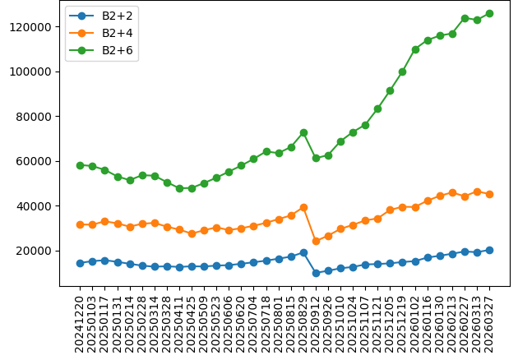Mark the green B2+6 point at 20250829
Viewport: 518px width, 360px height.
pos(303,132)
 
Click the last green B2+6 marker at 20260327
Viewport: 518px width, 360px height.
pos(489,13)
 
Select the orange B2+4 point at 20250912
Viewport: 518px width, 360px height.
pos(316,241)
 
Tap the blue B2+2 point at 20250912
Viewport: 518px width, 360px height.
pos(316,273)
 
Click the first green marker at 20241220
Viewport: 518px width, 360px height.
pos(80,165)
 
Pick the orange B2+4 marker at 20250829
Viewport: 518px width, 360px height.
pos(303,207)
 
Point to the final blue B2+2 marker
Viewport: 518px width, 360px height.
pos(489,250)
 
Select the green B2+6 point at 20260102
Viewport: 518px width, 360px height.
pos(415,49)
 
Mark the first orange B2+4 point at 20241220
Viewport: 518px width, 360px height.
pos(80,224)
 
